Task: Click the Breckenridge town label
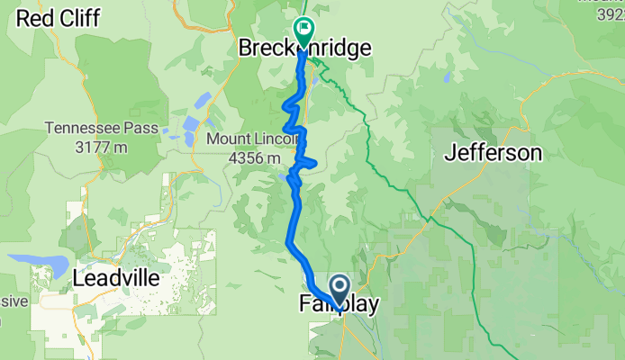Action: tap(304, 49)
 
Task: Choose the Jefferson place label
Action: tap(494, 153)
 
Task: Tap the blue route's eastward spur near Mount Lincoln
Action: tap(311, 162)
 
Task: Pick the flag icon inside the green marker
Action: tap(303, 29)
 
